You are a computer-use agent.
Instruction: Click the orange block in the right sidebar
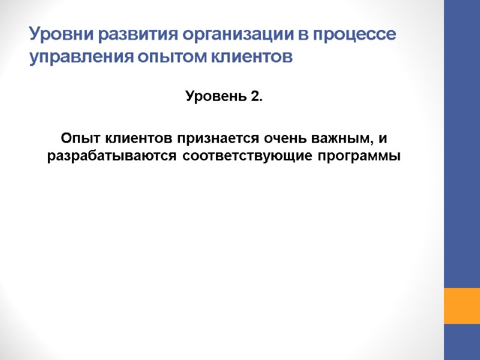(x=461, y=306)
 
